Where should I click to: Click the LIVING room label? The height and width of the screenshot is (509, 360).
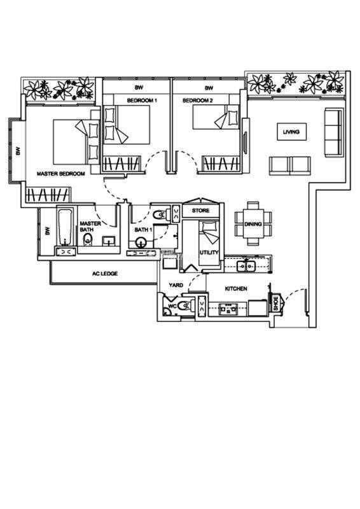coord(291,132)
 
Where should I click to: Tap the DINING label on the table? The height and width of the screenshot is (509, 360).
coord(253,224)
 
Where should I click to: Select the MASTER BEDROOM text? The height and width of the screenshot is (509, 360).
coord(60,174)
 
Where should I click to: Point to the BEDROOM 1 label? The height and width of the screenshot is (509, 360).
coord(142,101)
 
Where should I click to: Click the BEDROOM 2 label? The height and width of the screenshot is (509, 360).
coord(198,101)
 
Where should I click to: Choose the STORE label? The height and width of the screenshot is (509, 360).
coord(200,211)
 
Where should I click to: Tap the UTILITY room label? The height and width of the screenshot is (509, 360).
coord(209,252)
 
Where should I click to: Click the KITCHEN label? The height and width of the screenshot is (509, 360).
coord(236,288)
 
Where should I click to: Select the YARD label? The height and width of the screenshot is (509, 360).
coord(176,285)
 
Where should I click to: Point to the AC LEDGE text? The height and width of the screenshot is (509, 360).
coord(105,274)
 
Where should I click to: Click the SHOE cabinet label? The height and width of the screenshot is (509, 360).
coord(276,303)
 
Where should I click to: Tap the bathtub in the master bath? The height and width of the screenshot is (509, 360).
coord(66,227)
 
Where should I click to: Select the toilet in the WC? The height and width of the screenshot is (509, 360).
coord(186,306)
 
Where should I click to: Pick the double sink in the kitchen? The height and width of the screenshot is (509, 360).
coord(246,266)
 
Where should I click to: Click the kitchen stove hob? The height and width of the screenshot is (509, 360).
coord(228,309)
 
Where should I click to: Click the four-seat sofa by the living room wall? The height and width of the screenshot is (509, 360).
coord(333,132)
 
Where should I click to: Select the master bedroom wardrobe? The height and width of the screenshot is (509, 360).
coord(48,195)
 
